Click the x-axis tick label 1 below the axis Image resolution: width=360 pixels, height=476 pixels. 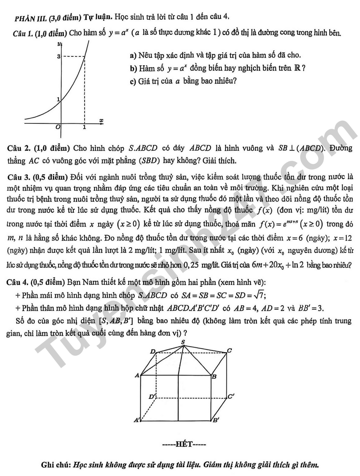(x=85, y=127)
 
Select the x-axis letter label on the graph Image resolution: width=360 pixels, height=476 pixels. (x=101, y=121)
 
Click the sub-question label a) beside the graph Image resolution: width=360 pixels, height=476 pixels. (x=133, y=56)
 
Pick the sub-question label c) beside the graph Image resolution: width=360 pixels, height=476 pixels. (x=133, y=81)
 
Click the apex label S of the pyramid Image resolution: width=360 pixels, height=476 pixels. (x=183, y=342)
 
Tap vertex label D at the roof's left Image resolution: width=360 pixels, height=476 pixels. (x=152, y=351)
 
